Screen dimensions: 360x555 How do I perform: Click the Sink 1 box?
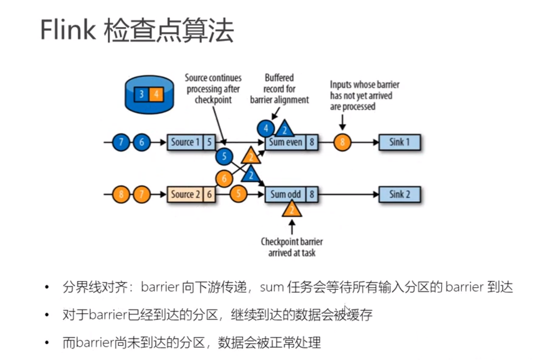point(399,142)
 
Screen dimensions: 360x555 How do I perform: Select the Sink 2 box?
point(399,194)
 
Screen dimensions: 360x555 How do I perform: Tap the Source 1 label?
point(186,142)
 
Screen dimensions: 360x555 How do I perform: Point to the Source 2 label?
point(186,194)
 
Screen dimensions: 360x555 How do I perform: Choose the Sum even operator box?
point(286,142)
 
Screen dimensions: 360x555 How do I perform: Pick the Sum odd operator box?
point(286,194)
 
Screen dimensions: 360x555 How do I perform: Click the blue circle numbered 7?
point(121,142)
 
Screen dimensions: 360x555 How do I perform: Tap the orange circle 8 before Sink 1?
point(342,142)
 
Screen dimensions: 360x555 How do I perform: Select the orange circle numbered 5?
point(238,194)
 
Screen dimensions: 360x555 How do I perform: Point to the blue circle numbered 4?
point(266,129)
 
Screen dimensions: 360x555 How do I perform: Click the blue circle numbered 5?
point(224,156)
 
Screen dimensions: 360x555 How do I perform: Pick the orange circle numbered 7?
point(142,194)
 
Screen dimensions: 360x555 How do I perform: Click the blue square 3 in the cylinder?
point(142,94)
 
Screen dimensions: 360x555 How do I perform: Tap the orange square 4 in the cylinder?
point(156,94)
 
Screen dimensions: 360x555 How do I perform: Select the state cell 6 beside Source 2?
point(209,194)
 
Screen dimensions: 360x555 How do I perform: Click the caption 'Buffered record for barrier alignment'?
point(279,89)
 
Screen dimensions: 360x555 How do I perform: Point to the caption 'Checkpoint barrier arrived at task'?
point(292,247)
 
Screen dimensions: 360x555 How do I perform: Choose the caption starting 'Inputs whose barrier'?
point(364,96)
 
